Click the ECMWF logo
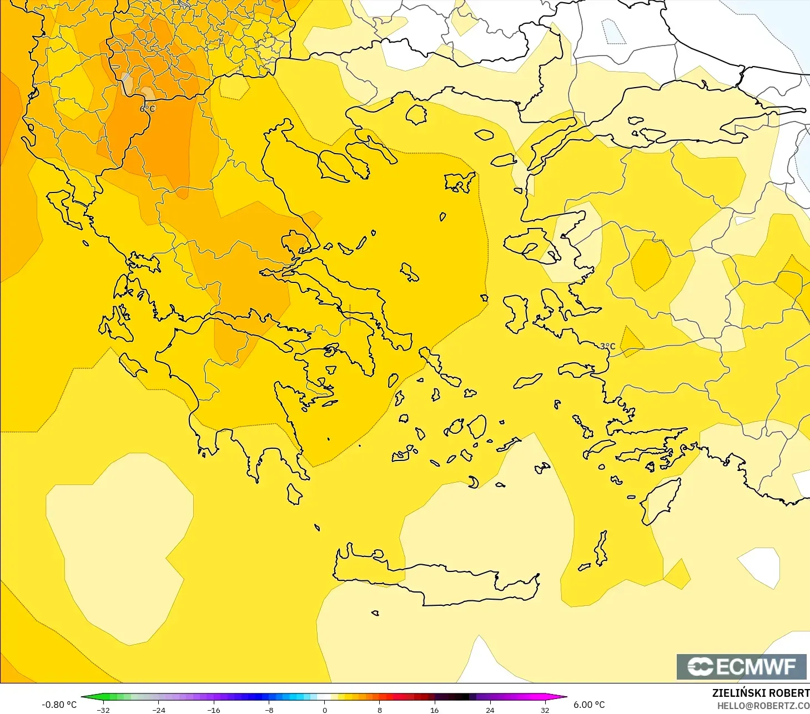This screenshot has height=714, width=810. tap(741, 666)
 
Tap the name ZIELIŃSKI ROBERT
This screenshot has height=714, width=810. tap(761, 693)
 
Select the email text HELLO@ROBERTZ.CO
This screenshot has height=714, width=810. tap(763, 706)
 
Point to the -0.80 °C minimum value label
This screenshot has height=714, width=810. tap(59, 705)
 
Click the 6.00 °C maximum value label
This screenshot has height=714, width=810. tap(589, 705)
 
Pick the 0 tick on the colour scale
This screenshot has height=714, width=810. tap(325, 710)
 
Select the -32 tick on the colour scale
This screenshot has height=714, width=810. tap(103, 710)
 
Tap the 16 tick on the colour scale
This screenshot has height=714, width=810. tap(434, 710)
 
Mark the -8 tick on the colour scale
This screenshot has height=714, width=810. tap(269, 710)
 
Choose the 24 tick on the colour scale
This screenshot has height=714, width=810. tap(490, 710)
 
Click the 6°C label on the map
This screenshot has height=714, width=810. tap(148, 109)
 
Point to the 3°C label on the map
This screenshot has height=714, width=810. tap(607, 346)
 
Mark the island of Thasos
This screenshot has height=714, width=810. tap(416, 114)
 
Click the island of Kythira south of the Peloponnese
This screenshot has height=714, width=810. tap(294, 494)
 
